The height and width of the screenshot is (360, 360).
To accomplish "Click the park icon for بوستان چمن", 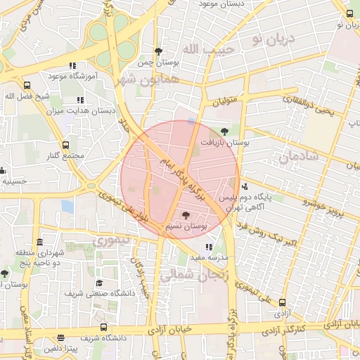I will tap(159, 51).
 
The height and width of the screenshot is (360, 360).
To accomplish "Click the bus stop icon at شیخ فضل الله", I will tap(27, 85).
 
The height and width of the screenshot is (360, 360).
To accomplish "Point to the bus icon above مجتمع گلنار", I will tap(65, 144).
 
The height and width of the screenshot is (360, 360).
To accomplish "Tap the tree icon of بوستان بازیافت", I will tap(224, 131).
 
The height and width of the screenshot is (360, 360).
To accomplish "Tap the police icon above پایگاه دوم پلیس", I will tap(244, 187).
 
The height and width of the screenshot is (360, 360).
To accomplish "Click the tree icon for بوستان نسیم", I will tap(186, 216).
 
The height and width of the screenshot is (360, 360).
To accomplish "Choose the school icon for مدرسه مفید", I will tap(209, 247).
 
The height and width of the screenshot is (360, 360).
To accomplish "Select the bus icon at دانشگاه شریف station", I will tap(104, 327).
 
